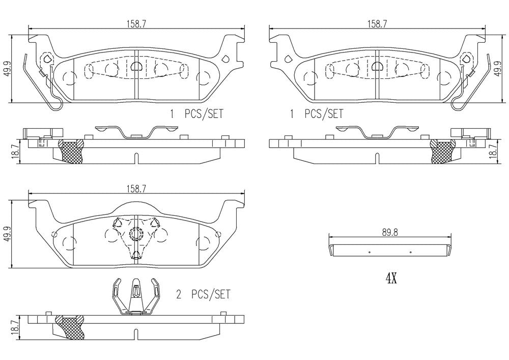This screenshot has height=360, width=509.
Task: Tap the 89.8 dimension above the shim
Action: [389, 231]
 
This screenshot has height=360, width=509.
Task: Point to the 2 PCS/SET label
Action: [203, 294]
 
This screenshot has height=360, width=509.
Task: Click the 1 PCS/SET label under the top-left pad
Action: [196, 114]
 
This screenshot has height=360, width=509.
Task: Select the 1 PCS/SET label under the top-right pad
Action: [317, 114]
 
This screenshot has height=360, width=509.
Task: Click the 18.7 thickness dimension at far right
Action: [493, 151]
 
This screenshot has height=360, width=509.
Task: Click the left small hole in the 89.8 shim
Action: [370, 252]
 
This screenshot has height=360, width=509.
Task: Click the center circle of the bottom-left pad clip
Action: [135, 234]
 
